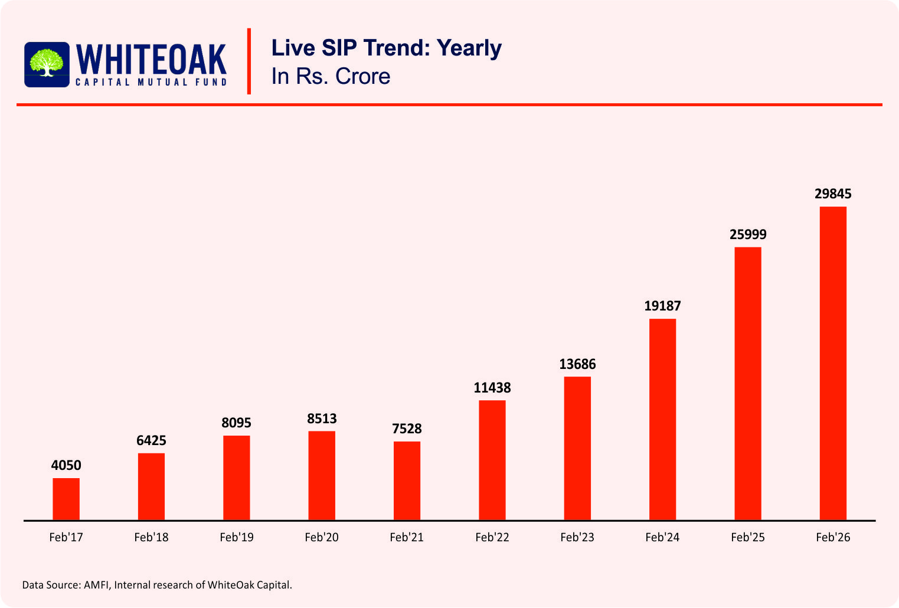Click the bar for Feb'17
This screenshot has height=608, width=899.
(x=66, y=499)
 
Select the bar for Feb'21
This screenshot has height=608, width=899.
(x=407, y=480)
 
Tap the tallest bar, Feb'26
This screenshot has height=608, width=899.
(x=833, y=363)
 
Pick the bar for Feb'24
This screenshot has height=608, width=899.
(x=662, y=419)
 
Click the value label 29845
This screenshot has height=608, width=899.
(x=833, y=194)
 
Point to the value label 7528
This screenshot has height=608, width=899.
(x=407, y=429)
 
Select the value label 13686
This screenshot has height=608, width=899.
(x=577, y=364)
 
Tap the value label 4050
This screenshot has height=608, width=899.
(x=66, y=465)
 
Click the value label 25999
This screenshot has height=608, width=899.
(x=748, y=234)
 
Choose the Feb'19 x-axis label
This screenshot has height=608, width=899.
(x=236, y=537)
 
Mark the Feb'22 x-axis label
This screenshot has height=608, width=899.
(x=492, y=537)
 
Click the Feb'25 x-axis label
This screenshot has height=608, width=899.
(x=747, y=537)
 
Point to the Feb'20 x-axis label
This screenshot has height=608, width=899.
(x=322, y=537)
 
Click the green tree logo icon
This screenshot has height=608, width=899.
(x=47, y=63)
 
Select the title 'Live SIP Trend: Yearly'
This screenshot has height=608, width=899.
(x=386, y=48)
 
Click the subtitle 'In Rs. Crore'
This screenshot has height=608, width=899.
(x=331, y=76)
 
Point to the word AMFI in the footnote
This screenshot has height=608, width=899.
(x=96, y=585)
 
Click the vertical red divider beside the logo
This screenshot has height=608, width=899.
(x=249, y=61)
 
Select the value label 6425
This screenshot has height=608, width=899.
(x=151, y=440)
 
